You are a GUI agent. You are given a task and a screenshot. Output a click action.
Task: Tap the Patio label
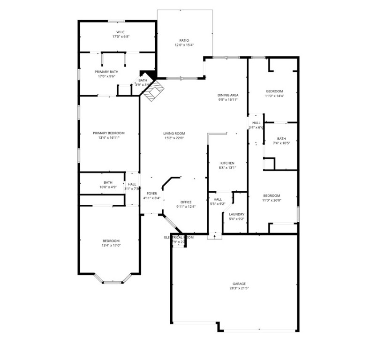point(184,40)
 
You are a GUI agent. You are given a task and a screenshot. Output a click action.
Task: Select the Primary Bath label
point(106,72)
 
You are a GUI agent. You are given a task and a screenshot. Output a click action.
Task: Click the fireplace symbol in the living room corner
point(154,91)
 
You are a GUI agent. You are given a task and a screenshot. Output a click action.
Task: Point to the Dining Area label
point(228,95)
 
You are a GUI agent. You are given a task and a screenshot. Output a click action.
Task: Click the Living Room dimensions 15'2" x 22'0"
point(174,138)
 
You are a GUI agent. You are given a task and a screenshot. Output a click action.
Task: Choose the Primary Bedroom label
point(109,133)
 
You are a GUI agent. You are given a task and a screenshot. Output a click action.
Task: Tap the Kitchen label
point(227,163)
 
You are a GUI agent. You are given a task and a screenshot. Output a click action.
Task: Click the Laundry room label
point(236,214)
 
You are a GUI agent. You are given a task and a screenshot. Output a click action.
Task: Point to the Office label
point(186,202)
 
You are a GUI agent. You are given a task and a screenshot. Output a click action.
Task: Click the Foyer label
point(151,193)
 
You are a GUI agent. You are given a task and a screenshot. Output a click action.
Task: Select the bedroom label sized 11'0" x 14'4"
point(274,91)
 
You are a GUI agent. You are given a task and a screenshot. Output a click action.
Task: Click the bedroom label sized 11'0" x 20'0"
point(272,195)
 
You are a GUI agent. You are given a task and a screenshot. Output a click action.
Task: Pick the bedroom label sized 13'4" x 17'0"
point(111,241)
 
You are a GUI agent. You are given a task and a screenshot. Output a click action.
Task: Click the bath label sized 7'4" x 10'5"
point(281,138)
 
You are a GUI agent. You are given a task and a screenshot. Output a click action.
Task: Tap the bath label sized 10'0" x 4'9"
point(108,182)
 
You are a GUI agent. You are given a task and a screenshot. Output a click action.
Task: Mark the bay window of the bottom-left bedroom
point(113,282)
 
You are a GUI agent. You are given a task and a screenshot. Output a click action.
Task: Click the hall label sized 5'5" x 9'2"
point(218,199)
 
